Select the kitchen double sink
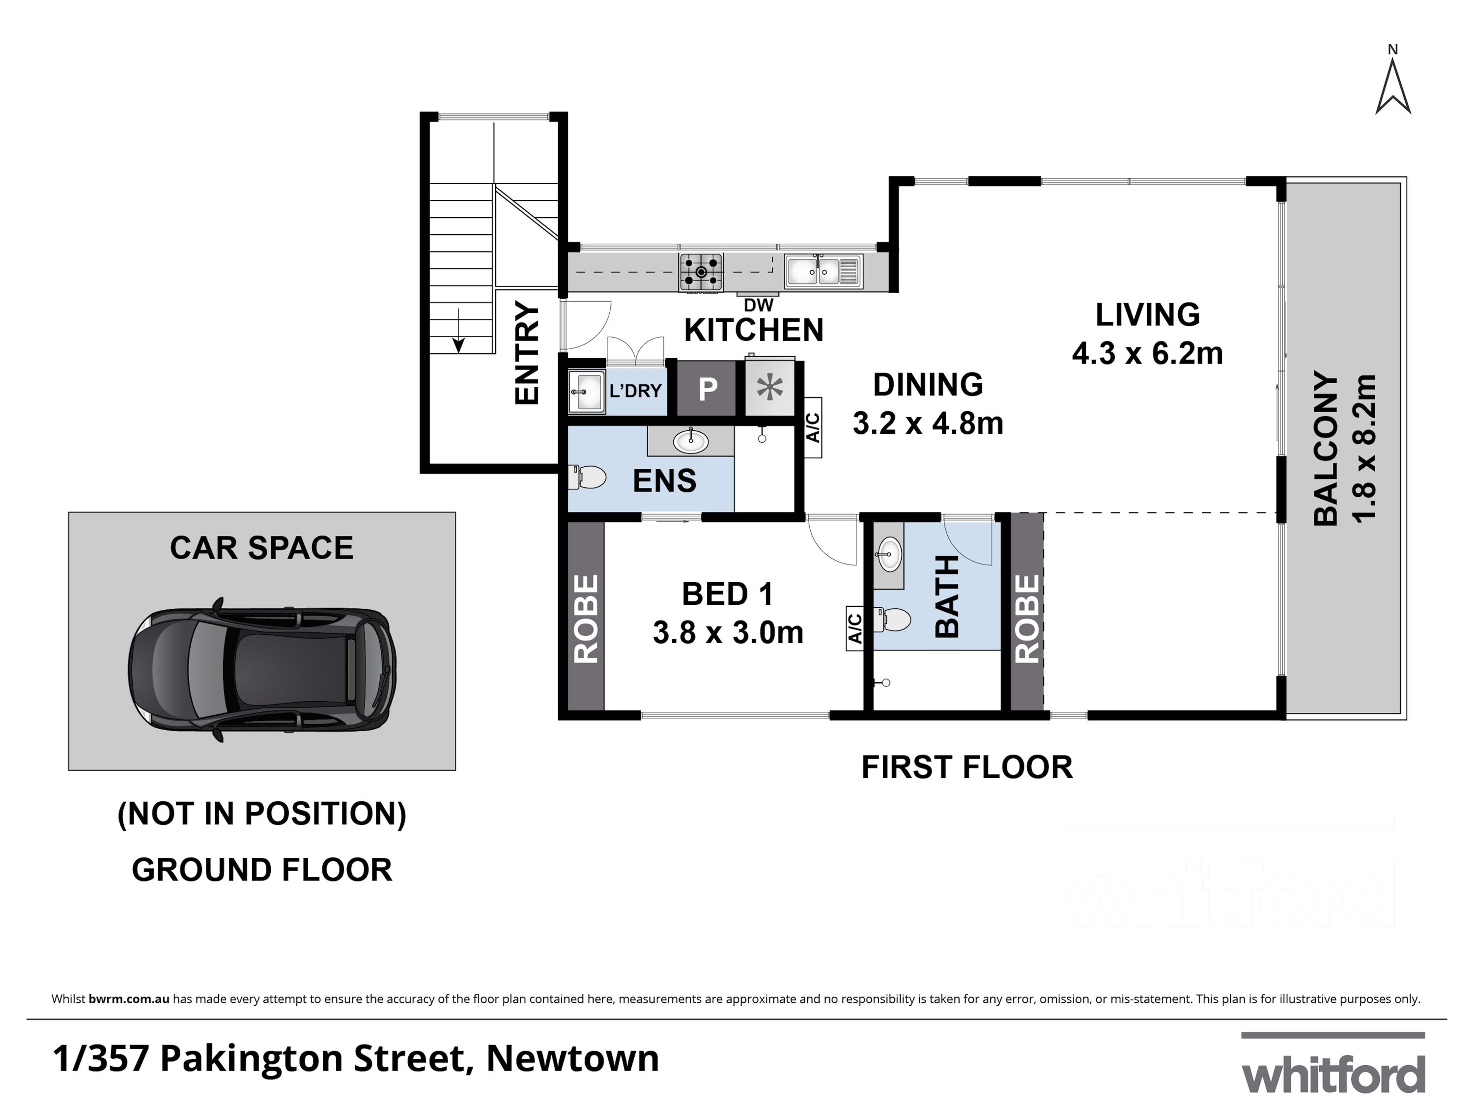823,271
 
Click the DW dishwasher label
758,305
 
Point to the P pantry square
707,389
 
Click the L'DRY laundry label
635,391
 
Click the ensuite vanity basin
691,441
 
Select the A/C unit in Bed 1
855,628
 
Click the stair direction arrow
458,331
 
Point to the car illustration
262,670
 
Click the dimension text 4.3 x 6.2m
1147,353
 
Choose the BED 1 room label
728,595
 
